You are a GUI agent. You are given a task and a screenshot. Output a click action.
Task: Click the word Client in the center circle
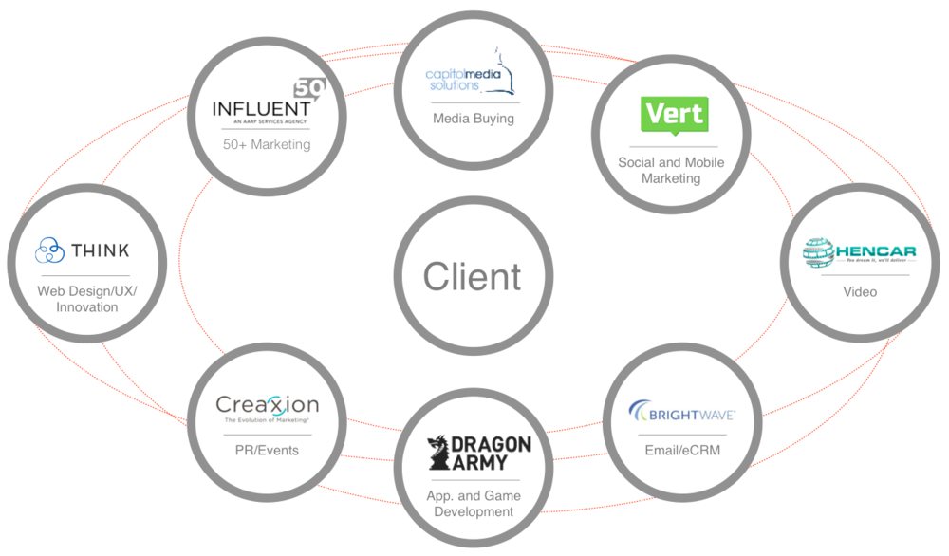472,276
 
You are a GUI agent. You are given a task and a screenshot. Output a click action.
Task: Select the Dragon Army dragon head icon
440,454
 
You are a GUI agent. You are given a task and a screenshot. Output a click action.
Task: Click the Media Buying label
473,119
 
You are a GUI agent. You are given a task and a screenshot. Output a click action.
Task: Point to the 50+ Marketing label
267,144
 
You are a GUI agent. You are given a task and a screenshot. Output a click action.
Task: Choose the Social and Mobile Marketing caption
671,170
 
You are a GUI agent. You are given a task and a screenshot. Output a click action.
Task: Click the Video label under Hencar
860,291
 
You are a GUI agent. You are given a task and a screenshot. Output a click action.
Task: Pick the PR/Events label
266,450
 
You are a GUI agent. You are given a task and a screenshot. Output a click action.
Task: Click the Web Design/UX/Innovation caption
86,299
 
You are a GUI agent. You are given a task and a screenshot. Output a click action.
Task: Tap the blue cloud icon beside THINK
49,251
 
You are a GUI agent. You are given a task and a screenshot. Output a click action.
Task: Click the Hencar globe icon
818,251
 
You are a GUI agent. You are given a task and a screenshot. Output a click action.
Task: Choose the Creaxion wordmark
267,405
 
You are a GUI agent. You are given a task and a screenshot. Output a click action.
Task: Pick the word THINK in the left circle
100,250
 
